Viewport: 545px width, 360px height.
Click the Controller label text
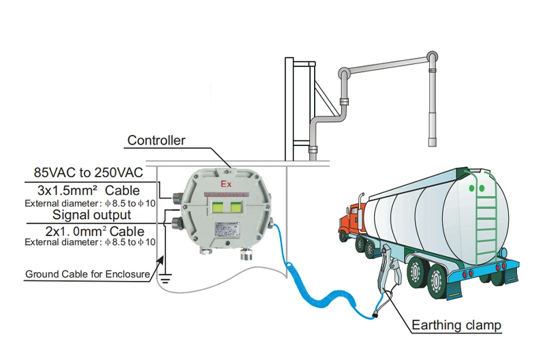tap(156, 140)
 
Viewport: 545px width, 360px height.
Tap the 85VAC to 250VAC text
tap(88, 172)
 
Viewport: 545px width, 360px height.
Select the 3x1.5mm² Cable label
tap(95, 190)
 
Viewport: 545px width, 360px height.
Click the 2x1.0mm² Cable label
tap(95, 231)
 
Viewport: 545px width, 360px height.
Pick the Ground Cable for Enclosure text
tap(87, 275)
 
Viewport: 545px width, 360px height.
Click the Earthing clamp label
tap(456, 325)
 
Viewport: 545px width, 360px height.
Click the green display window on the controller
tap(227, 207)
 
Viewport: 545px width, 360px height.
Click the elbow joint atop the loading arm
tap(431, 57)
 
